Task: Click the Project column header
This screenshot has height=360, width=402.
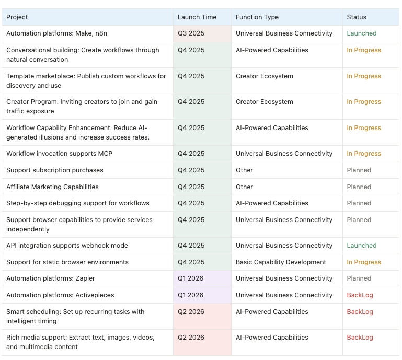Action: click(x=17, y=17)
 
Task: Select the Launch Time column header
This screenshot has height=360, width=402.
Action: click(x=197, y=17)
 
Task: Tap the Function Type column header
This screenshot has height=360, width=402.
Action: click(x=257, y=17)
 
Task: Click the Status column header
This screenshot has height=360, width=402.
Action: click(x=357, y=17)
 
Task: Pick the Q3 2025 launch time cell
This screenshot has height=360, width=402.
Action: click(x=191, y=33)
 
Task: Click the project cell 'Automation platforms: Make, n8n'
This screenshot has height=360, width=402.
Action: click(x=56, y=33)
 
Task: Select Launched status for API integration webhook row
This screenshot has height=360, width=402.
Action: click(x=361, y=246)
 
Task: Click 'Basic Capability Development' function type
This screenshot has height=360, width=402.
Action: click(x=281, y=262)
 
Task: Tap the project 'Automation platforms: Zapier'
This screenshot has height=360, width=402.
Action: click(x=51, y=278)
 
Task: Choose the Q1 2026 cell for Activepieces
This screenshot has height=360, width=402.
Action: click(x=190, y=295)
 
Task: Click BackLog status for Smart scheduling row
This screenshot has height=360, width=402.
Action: click(x=360, y=312)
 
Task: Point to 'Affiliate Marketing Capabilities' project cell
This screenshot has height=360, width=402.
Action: click(x=52, y=187)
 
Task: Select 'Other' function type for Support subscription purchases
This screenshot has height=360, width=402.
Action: click(x=244, y=170)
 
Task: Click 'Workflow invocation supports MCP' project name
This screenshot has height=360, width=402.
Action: click(x=59, y=154)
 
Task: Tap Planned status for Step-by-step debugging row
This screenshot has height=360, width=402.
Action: click(x=359, y=203)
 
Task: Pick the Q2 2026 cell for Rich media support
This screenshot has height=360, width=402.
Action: click(x=191, y=338)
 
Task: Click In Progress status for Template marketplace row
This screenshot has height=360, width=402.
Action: click(x=363, y=76)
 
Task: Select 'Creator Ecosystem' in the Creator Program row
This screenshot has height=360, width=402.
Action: click(x=264, y=102)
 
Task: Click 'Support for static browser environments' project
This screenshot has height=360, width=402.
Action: click(x=67, y=262)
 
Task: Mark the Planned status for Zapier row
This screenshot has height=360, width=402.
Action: click(x=359, y=278)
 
